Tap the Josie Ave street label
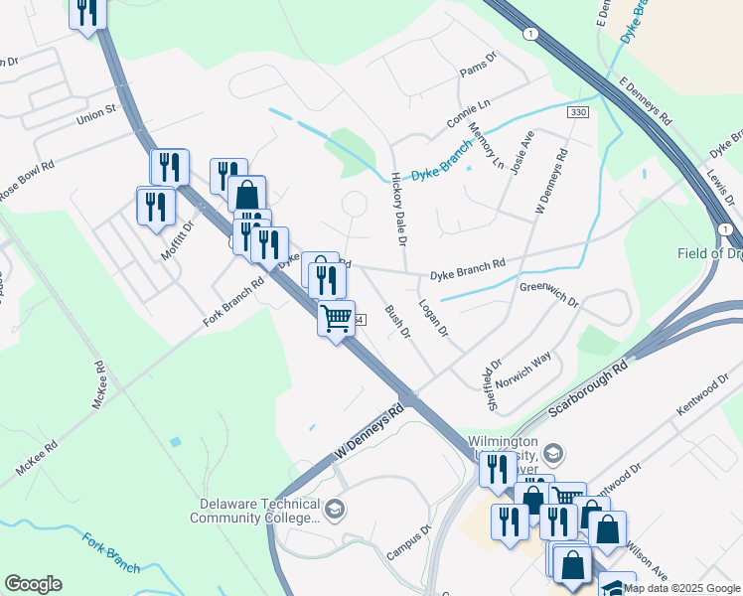tap(522, 154)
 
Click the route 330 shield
tap(577, 113)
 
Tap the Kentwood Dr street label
tap(703, 396)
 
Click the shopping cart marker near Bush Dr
tap(337, 319)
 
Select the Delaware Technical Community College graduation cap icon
tap(335, 511)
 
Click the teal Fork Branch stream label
tap(110, 552)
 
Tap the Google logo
tap(33, 584)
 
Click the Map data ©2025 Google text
tap(680, 588)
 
